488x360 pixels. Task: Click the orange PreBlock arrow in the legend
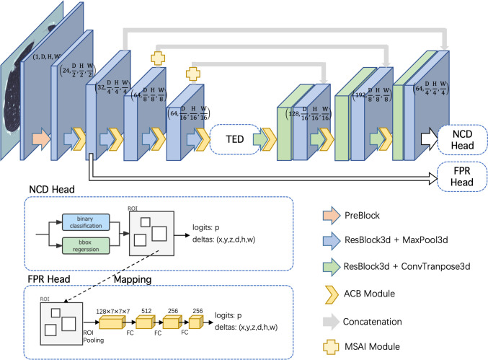(x=333, y=214)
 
